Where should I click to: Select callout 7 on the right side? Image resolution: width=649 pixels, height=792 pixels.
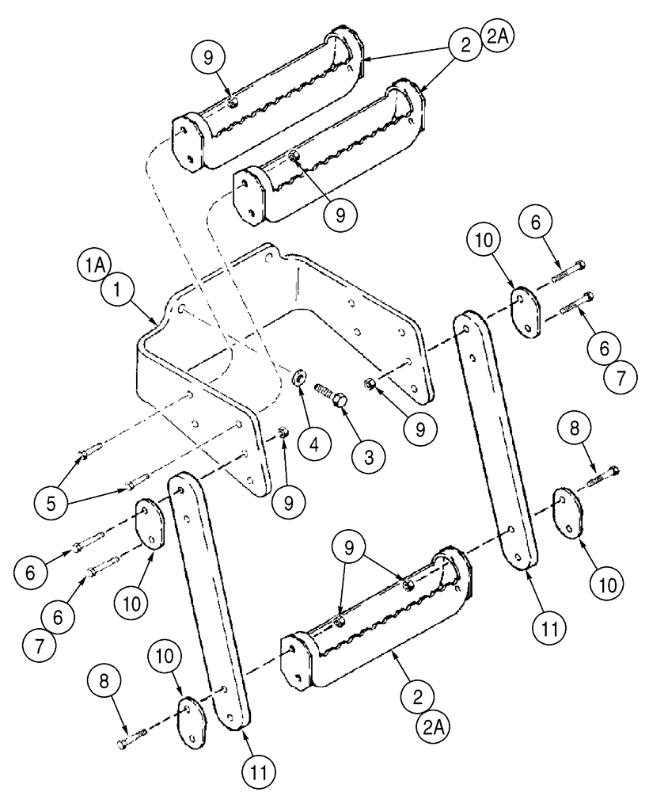click(617, 377)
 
